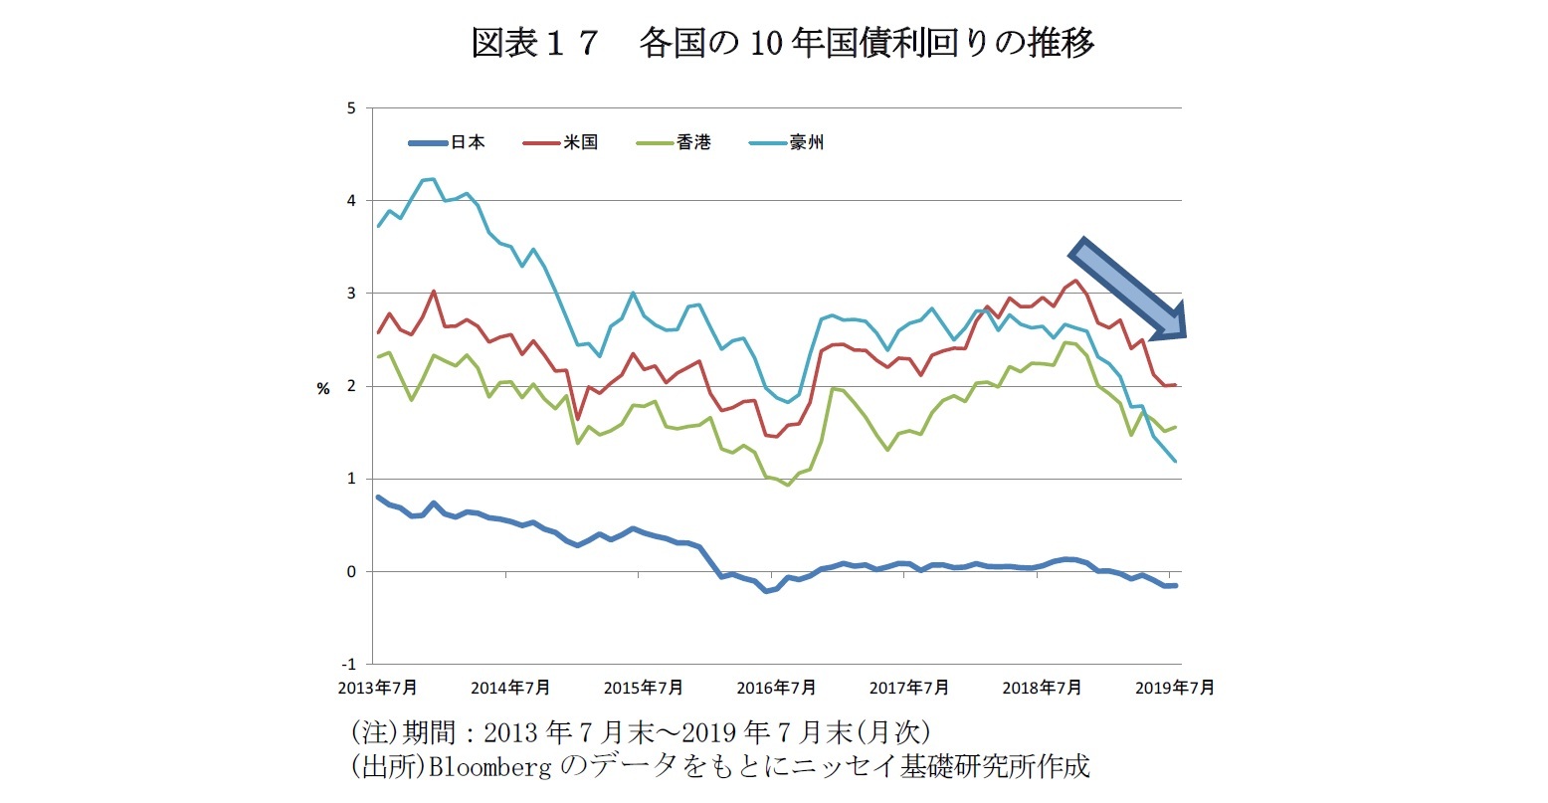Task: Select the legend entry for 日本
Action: tap(467, 142)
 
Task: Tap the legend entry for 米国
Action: tap(581, 142)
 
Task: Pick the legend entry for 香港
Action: tap(694, 142)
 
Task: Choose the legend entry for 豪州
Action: tap(807, 142)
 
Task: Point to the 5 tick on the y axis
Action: tap(351, 107)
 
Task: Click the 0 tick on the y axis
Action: tap(351, 571)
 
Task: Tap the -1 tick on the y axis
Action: tap(349, 664)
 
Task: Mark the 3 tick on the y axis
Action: tap(351, 293)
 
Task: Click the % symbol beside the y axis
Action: tap(323, 388)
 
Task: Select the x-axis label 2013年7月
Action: tap(378, 688)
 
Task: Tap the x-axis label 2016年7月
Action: tap(776, 688)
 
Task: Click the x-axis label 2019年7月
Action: tap(1175, 688)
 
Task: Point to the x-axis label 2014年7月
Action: tap(510, 688)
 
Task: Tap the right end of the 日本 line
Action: tap(1176, 585)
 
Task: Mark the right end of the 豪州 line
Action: tap(1176, 461)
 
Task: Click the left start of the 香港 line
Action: tap(379, 356)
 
